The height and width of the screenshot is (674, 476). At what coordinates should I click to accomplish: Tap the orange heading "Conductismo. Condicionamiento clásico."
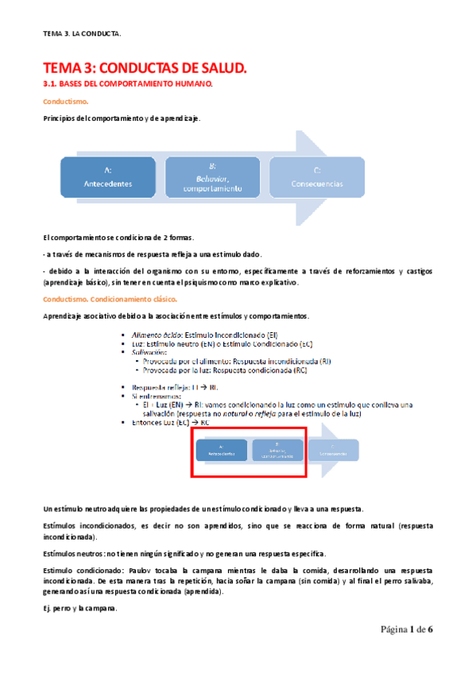110,299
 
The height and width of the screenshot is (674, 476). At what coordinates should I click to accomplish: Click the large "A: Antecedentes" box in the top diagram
108,176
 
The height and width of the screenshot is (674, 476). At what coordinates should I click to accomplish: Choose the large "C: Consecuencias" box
317,176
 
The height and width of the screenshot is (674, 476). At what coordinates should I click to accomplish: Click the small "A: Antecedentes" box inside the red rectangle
221,450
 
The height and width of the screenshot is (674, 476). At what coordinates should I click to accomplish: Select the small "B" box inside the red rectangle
277,450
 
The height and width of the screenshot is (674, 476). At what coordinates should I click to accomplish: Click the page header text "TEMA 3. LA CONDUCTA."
83,33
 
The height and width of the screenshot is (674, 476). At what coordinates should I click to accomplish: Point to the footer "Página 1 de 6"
406,629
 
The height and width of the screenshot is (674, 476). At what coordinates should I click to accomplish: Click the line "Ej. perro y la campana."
80,609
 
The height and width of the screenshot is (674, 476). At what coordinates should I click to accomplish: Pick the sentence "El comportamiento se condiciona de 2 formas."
118,238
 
